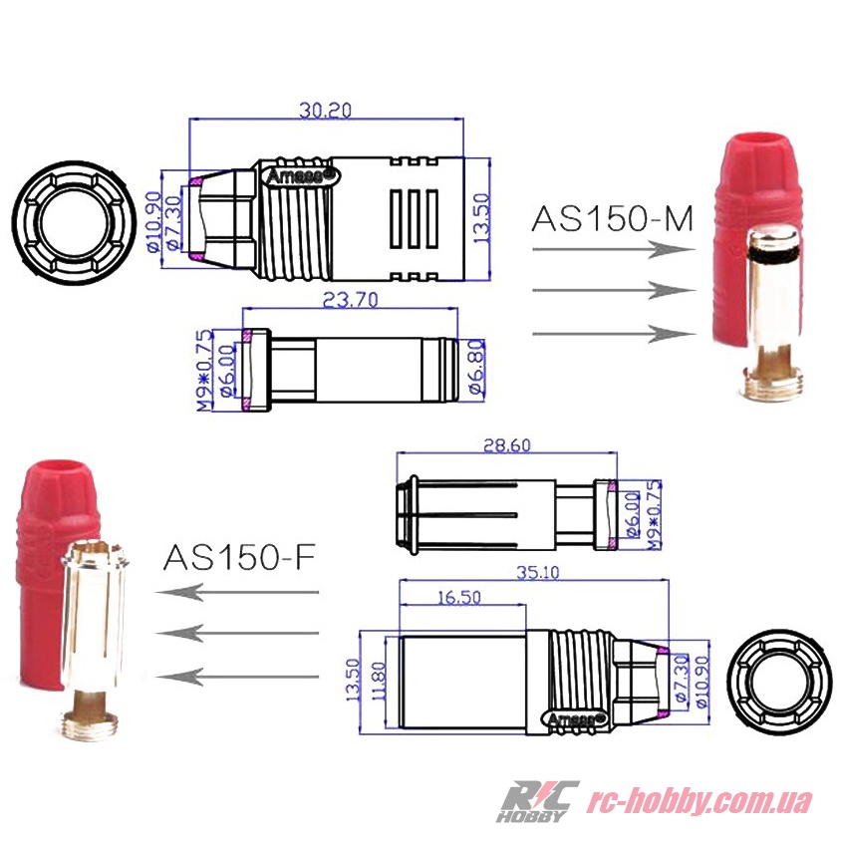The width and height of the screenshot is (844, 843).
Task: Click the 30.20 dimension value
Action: tap(325, 110)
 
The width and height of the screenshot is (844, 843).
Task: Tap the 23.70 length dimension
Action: tap(351, 299)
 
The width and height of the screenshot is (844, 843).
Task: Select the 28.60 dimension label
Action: tap(506, 445)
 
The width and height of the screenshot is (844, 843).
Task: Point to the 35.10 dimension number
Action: tap(538, 572)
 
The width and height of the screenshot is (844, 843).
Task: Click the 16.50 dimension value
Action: tap(459, 597)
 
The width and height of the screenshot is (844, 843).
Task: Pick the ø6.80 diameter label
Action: tap(477, 368)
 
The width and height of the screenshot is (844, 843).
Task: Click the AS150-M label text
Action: tap(612, 218)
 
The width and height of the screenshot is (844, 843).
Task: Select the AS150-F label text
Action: tap(239, 557)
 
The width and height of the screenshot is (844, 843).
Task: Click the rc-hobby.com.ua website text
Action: tap(699, 802)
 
